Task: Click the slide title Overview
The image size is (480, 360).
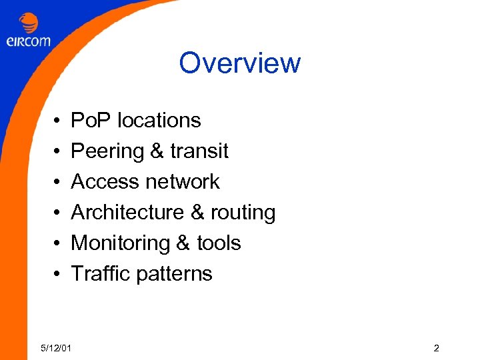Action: tap(239, 63)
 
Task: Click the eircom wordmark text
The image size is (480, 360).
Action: tap(28, 41)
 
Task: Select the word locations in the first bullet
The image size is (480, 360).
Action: tap(159, 121)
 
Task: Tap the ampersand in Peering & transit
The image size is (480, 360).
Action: tap(157, 151)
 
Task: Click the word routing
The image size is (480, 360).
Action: tap(243, 213)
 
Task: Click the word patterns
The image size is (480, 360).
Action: tap(175, 274)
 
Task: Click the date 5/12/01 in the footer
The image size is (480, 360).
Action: tap(57, 348)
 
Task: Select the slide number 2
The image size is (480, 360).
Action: tap(436, 348)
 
